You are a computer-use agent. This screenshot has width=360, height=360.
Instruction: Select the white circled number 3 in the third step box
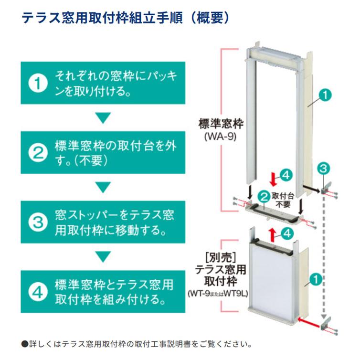(x=38, y=221)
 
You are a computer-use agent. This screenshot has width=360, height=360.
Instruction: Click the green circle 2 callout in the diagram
(x=263, y=195)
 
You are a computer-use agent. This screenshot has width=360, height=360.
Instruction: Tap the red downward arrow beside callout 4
(x=274, y=180)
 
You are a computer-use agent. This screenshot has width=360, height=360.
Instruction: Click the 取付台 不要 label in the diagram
(x=282, y=199)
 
